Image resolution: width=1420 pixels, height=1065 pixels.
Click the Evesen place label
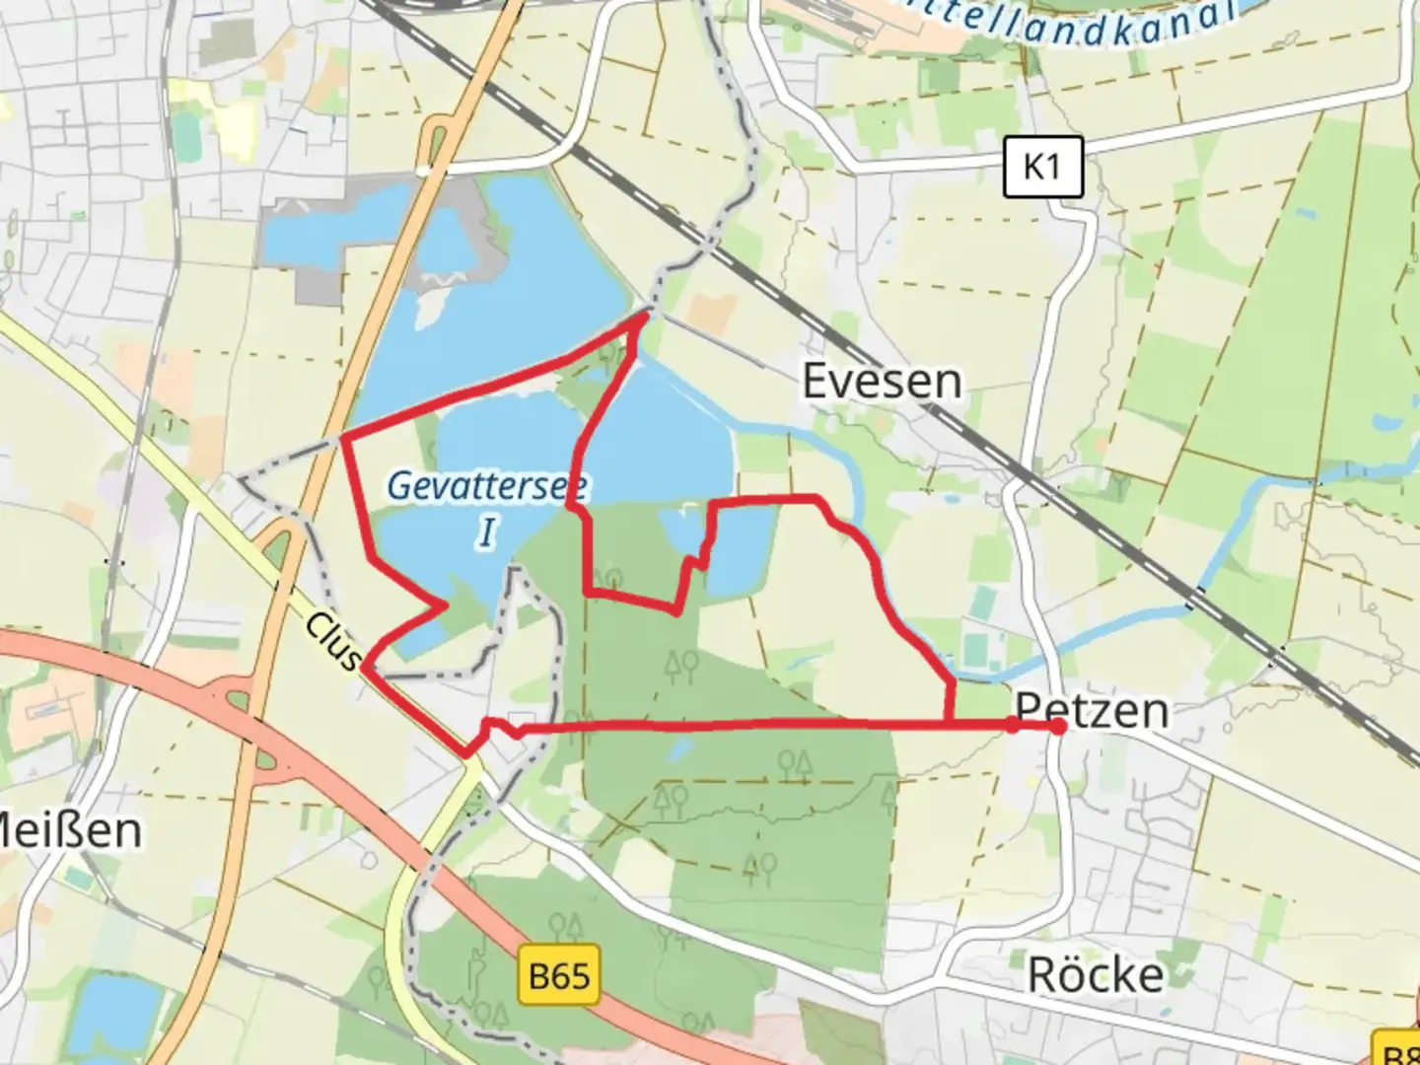(x=882, y=382)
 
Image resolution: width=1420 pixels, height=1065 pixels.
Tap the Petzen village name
(x=1092, y=710)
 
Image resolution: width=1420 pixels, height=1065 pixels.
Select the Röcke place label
(x=1096, y=975)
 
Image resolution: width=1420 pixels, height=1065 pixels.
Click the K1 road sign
(x=1043, y=167)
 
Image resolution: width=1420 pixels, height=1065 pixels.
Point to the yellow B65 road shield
(x=559, y=976)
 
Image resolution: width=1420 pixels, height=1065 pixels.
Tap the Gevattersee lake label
(x=487, y=485)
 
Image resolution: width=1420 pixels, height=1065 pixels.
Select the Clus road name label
(x=333, y=641)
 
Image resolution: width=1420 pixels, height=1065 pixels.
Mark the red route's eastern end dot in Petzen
(x=1058, y=727)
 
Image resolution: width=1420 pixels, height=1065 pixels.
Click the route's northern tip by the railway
(x=647, y=315)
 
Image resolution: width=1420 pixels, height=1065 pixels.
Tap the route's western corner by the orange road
(x=341, y=437)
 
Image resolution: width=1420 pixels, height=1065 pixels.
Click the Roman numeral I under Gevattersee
(x=487, y=532)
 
